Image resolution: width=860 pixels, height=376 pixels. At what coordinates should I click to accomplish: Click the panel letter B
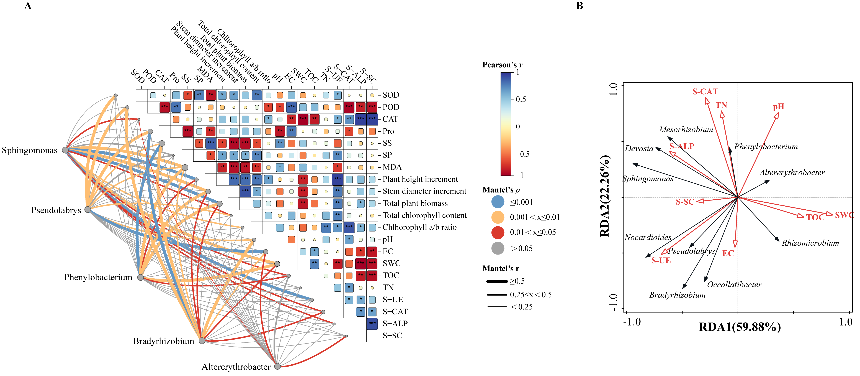click(580, 6)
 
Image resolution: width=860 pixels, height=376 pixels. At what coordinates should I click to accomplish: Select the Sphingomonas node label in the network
click(30, 150)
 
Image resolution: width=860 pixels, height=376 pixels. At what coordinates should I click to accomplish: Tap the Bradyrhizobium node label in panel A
click(163, 341)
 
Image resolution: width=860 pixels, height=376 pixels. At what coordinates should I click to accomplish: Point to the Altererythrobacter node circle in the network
click(277, 366)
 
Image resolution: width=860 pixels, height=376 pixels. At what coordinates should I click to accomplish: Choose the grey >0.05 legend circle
click(498, 248)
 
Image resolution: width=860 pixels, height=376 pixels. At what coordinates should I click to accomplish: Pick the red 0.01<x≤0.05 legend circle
click(498, 232)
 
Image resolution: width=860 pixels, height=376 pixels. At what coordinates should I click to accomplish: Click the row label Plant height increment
click(420, 179)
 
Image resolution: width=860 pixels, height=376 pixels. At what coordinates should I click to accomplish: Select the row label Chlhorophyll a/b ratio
click(419, 227)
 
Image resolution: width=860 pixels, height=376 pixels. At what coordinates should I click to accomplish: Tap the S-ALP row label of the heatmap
click(395, 324)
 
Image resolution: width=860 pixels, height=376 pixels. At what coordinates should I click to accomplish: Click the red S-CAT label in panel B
click(705, 92)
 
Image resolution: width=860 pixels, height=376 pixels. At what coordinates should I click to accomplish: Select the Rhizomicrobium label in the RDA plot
click(810, 243)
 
